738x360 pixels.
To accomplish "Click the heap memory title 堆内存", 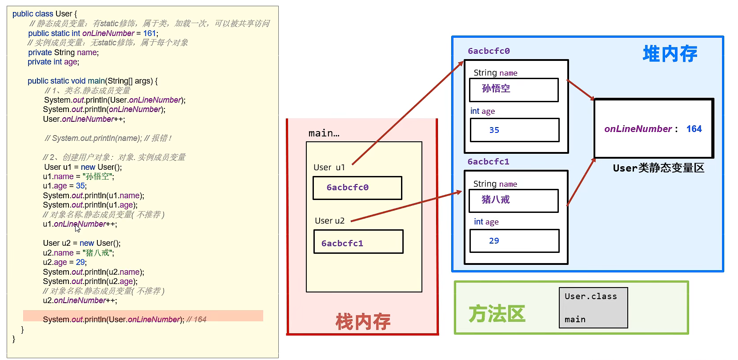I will [x=670, y=54].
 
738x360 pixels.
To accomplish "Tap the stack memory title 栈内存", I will [x=363, y=321].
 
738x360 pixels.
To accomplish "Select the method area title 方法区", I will [x=497, y=314].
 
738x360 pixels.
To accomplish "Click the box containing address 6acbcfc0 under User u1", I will [x=357, y=188].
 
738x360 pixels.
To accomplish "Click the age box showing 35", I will [x=514, y=130].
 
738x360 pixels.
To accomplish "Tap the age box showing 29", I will [x=514, y=241].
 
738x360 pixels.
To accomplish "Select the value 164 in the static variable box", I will [x=694, y=129].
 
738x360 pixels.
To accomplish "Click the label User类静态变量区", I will [x=658, y=168].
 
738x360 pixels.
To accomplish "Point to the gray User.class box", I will [x=593, y=308].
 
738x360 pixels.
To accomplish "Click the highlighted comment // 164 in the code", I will [x=197, y=320].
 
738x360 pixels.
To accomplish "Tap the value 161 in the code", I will [x=150, y=33].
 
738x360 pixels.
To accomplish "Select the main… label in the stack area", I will [x=324, y=133].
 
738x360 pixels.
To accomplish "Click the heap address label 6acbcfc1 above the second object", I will [x=488, y=162].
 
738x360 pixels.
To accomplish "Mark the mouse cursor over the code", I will [x=77, y=228].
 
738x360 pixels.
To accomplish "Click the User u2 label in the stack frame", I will [x=329, y=221].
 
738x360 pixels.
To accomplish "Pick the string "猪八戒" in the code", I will [x=98, y=253].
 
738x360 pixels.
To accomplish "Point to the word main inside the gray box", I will [x=575, y=320].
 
